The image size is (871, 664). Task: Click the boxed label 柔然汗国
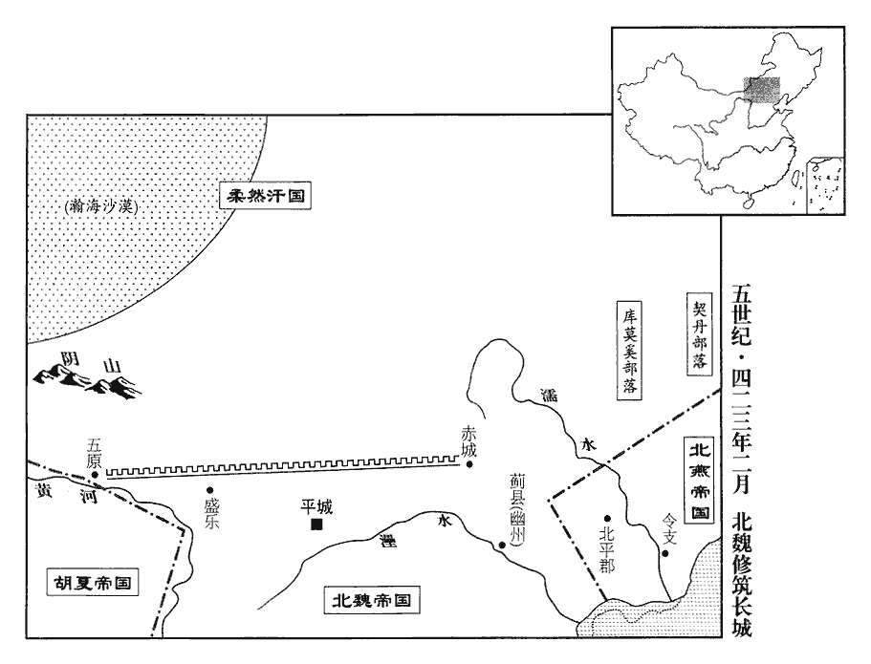(265, 196)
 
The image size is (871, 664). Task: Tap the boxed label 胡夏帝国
(92, 583)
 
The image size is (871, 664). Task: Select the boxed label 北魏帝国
(371, 601)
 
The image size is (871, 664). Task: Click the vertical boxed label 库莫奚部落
(629, 351)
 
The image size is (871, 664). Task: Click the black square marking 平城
(316, 525)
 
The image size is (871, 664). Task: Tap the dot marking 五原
(95, 475)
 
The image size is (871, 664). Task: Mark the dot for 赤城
(469, 464)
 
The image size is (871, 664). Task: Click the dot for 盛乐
(210, 490)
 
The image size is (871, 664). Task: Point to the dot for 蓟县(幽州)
(502, 545)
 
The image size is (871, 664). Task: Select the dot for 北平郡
(608, 518)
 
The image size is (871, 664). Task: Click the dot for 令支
(664, 553)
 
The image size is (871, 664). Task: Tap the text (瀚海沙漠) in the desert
(100, 207)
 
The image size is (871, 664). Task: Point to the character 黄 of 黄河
(44, 491)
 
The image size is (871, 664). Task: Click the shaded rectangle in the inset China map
(762, 90)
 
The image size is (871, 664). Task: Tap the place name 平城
(316, 506)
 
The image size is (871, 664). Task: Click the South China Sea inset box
(824, 184)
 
